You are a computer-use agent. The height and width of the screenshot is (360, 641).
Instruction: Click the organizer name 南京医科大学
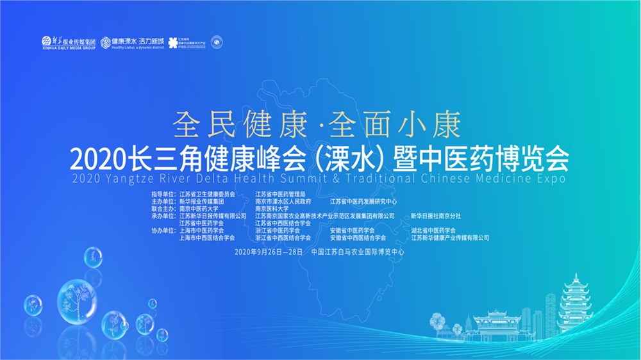pyautogui.click(x=272, y=208)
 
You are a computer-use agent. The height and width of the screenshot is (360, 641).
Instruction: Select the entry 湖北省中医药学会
pyautogui.click(x=433, y=230)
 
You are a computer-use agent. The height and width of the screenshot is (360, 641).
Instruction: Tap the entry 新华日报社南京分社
pyautogui.click(x=436, y=216)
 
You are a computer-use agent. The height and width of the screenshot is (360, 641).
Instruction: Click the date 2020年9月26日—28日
pyautogui.click(x=269, y=252)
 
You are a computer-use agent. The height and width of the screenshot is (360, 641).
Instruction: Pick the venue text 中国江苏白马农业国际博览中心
pyautogui.click(x=357, y=252)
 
